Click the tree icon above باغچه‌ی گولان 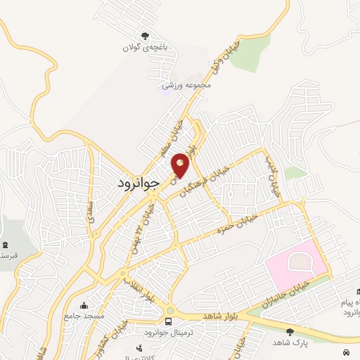(146, 36)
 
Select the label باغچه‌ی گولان (146, 48)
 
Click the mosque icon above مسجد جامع (84, 305)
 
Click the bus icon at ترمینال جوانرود (168, 321)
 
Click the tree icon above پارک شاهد (290, 331)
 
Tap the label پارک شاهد (291, 342)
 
